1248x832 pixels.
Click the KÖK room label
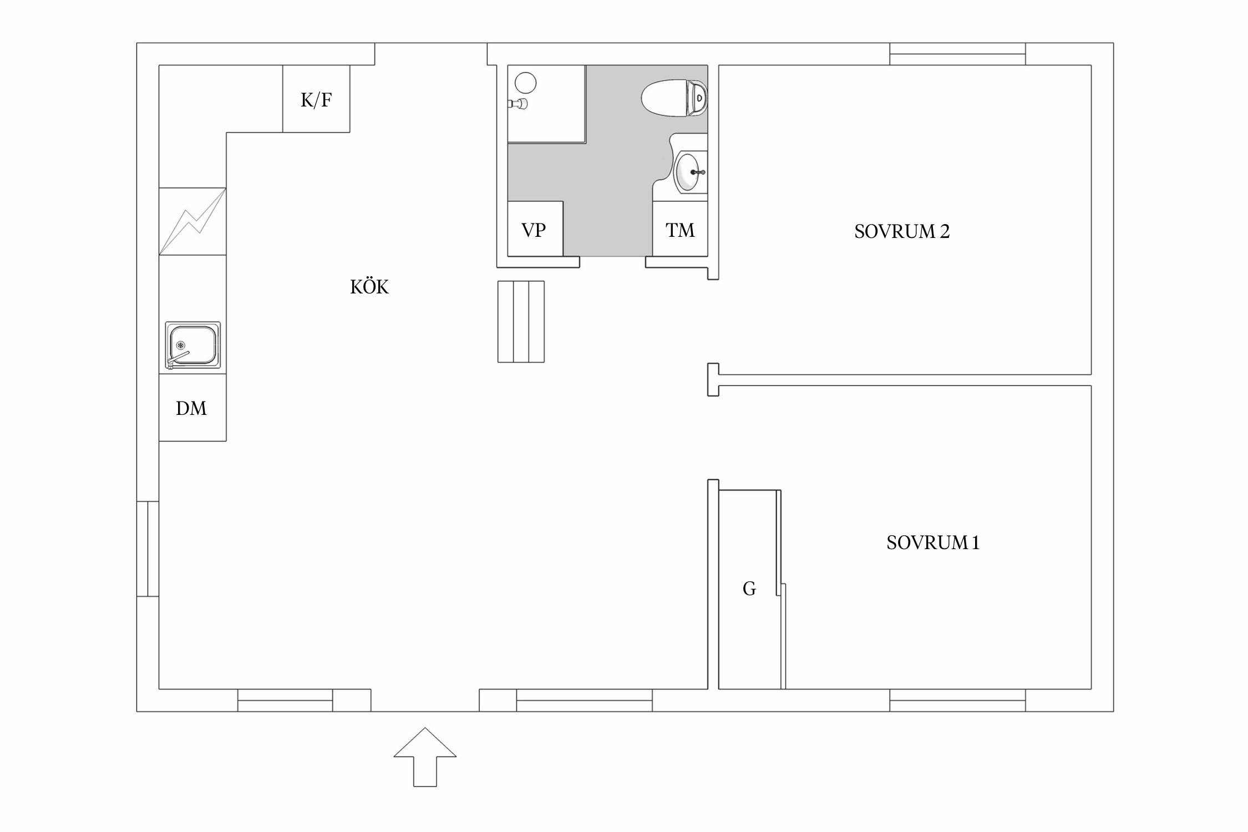pyautogui.click(x=369, y=286)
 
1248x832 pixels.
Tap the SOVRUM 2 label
pyautogui.click(x=902, y=231)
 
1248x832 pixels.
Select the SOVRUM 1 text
pyautogui.click(x=933, y=542)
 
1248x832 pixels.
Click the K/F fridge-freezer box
pyautogui.click(x=316, y=99)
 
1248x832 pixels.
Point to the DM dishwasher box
pyautogui.click(x=192, y=408)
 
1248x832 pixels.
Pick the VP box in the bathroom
pyautogui.click(x=535, y=229)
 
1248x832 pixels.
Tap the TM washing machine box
pyautogui.click(x=680, y=229)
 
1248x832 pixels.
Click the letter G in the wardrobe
pyautogui.click(x=749, y=589)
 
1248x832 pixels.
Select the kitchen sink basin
pyautogui.click(x=192, y=345)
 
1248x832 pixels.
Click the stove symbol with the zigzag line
pyautogui.click(x=192, y=221)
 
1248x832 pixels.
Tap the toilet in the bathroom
pyautogui.click(x=674, y=98)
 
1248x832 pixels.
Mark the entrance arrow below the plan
pyautogui.click(x=425, y=757)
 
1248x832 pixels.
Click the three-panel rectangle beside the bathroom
pyautogui.click(x=521, y=322)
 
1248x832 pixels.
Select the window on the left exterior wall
pyautogui.click(x=148, y=549)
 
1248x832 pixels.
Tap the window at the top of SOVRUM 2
pyautogui.click(x=957, y=54)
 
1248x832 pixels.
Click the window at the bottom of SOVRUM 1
pyautogui.click(x=957, y=700)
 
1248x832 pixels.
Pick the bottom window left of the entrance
pyautogui.click(x=285, y=700)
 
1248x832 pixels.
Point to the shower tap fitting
pyautogui.click(x=518, y=103)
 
